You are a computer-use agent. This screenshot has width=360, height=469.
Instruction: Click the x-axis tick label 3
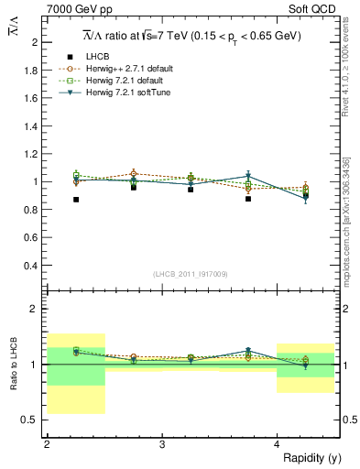point(161,443)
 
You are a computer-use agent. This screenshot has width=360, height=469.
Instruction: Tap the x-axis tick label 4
point(277,443)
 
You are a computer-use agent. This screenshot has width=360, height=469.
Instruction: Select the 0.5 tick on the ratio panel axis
point(33,420)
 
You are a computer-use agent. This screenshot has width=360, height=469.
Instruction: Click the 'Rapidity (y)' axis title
point(311,457)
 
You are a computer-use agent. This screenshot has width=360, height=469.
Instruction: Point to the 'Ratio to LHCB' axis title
point(13,364)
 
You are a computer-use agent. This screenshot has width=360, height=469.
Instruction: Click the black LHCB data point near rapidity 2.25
point(76,199)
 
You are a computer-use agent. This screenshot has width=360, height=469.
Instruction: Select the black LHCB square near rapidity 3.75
point(248,198)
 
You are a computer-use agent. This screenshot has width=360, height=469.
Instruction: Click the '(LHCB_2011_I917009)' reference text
point(190,274)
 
